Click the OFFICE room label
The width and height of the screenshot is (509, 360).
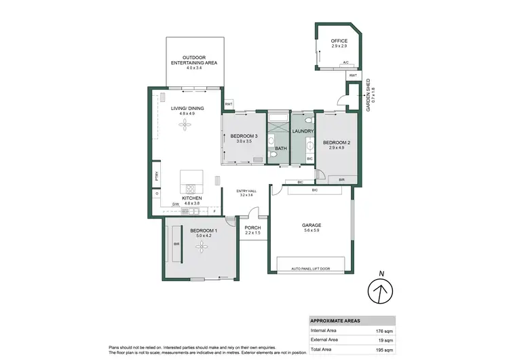pyautogui.click(x=339, y=41)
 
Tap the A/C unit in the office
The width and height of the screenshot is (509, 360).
pyautogui.click(x=345, y=63)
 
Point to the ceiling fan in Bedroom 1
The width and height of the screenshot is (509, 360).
pyautogui.click(x=200, y=249)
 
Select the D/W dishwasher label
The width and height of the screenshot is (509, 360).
pyautogui.click(x=175, y=204)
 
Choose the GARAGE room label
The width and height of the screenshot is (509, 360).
pyautogui.click(x=312, y=225)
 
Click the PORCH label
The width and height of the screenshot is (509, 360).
pyautogui.click(x=252, y=228)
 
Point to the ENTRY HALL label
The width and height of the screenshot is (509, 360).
pyautogui.click(x=246, y=191)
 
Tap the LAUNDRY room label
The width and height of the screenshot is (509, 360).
pyautogui.click(x=302, y=131)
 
